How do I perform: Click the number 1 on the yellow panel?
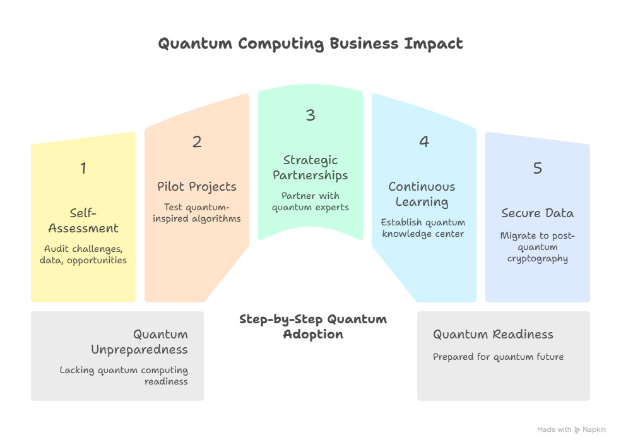(83, 168)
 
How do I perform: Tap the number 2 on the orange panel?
(197, 141)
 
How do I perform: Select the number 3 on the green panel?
(310, 115)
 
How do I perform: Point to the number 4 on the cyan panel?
(424, 141)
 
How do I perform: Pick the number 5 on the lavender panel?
(538, 168)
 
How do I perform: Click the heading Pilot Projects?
(197, 187)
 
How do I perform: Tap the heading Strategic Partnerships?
(310, 168)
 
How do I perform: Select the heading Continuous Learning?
(422, 194)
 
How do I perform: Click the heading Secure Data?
(538, 213)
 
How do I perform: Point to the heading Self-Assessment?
(83, 221)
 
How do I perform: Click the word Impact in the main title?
(434, 44)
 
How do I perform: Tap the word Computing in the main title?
(281, 44)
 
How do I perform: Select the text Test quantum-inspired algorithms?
(197, 213)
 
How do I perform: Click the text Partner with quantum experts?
(310, 201)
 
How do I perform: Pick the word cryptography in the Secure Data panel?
(538, 259)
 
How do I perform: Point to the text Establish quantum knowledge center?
(423, 228)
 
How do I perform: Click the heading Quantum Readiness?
(493, 335)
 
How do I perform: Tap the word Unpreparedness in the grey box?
(139, 350)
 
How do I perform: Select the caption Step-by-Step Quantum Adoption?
(313, 326)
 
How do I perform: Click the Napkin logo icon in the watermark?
(577, 430)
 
